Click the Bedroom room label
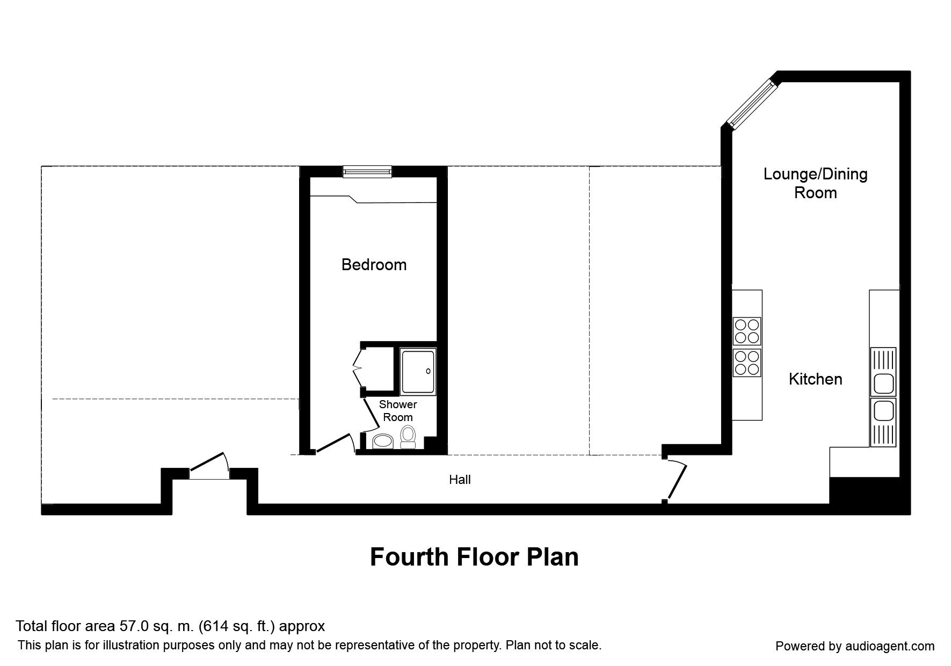tap(374, 265)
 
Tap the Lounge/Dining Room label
tap(816, 183)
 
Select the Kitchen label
tap(815, 379)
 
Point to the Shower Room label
tap(398, 411)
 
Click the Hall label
tap(460, 480)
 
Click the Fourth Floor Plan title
tap(474, 557)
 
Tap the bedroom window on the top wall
tap(368, 171)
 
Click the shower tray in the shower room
tap(418, 372)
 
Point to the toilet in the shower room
tap(408, 437)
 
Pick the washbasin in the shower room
tap(383, 441)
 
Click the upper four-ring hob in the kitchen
tap(747, 331)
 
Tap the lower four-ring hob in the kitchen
tap(747, 363)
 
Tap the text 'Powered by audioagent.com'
tap(855, 646)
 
